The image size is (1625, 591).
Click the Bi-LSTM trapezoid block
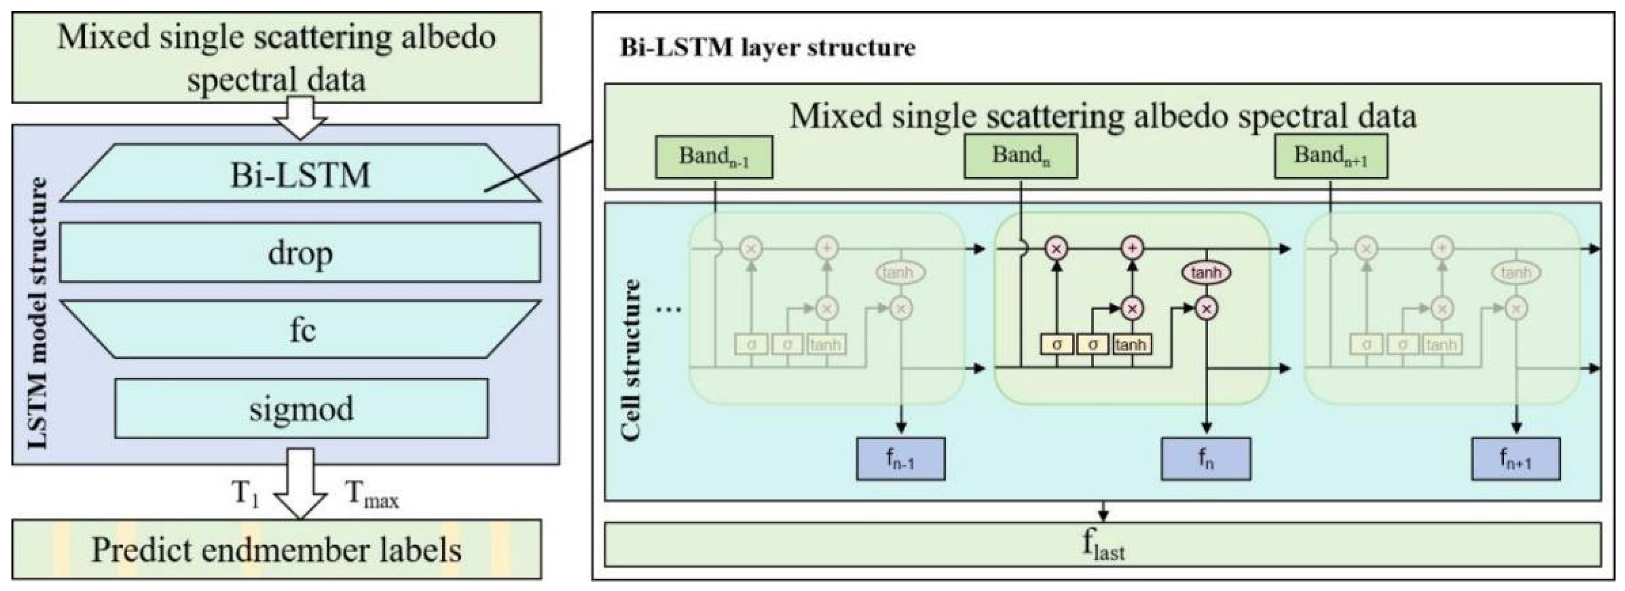pyautogui.click(x=300, y=174)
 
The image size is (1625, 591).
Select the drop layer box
pyautogui.click(x=300, y=252)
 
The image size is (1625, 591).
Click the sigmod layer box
pyautogui.click(x=301, y=409)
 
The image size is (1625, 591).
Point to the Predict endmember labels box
pyautogui.click(x=276, y=549)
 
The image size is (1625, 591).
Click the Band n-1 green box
pyautogui.click(x=713, y=156)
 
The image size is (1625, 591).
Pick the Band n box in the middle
pyautogui.click(x=1020, y=156)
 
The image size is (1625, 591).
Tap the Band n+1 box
pyautogui.click(x=1331, y=156)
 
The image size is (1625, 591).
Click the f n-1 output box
pyautogui.click(x=900, y=459)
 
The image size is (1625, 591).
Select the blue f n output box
pyautogui.click(x=1206, y=459)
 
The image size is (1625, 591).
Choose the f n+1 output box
pyautogui.click(x=1515, y=459)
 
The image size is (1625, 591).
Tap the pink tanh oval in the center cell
pyautogui.click(x=1206, y=272)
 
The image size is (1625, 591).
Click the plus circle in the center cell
pyautogui.click(x=1132, y=248)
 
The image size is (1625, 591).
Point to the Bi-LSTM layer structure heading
pyautogui.click(x=767, y=48)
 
